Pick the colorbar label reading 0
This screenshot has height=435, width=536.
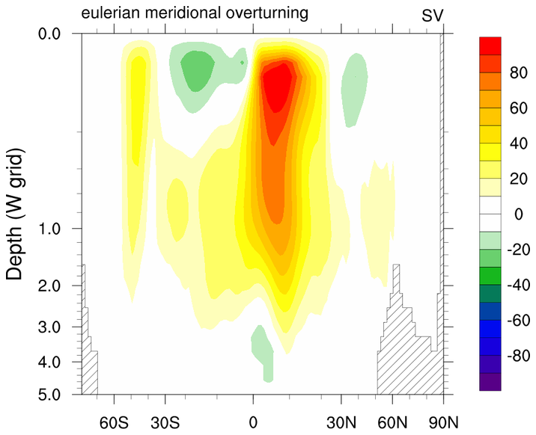tap(517, 215)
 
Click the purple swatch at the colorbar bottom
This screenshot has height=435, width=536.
tap(491, 381)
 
